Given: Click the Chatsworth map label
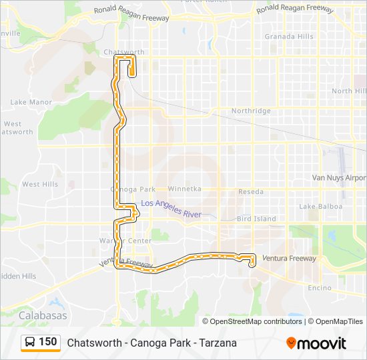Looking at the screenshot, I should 124,51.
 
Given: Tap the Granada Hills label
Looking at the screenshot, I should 288,37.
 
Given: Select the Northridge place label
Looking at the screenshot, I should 251,111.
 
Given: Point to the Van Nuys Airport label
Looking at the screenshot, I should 340,178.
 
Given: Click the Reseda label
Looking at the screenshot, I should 251,192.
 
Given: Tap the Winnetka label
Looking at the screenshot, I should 185,189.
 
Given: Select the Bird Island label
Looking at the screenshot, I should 256,219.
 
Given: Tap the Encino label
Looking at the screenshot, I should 320,288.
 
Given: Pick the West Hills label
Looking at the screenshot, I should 40,184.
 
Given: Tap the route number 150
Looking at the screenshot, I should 48,342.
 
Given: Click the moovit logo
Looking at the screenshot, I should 316,343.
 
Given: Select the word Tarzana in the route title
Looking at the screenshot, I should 217,343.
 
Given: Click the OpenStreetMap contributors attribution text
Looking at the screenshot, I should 256,321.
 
